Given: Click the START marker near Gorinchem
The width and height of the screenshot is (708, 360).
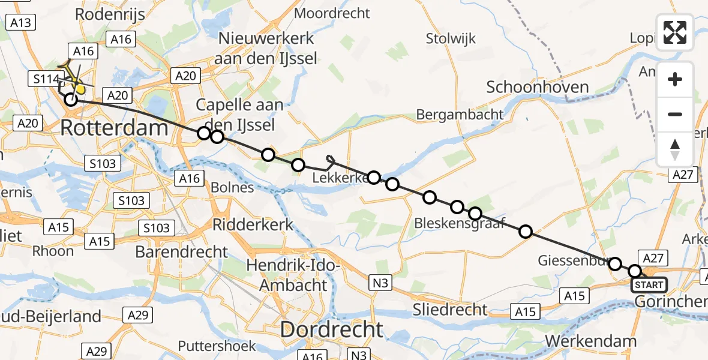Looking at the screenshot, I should point(649,285).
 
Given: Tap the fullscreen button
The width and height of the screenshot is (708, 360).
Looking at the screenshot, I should point(675,32).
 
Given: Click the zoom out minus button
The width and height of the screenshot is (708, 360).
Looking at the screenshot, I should point(675,114).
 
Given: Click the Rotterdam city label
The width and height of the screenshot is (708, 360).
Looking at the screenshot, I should point(114,128).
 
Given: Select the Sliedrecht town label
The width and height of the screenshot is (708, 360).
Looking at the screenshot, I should point(451,310).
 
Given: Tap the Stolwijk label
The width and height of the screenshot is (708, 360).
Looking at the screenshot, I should point(451,39).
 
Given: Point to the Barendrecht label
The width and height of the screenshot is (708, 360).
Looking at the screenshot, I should point(182,251).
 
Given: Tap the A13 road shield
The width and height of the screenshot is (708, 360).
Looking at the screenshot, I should point(20,23).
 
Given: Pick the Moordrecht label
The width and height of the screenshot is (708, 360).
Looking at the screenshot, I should point(333,13).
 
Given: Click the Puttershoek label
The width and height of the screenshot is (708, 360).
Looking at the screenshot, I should point(217,346).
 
